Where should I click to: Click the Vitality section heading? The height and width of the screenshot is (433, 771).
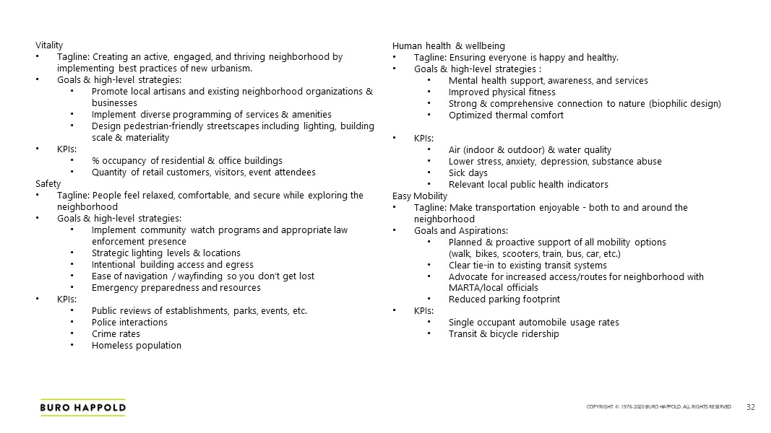[x=49, y=45]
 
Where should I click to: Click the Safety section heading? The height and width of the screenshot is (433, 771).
[x=48, y=183]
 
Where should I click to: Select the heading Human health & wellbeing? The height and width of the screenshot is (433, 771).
[x=448, y=46]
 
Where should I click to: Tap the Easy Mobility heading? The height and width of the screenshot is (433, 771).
[x=420, y=196]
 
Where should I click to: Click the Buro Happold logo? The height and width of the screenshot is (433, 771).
[x=82, y=408]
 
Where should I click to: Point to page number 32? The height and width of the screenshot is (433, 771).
[x=750, y=407]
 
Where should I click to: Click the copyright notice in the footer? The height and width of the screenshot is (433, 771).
[x=658, y=408]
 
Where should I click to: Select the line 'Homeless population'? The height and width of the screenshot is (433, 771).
[x=136, y=345]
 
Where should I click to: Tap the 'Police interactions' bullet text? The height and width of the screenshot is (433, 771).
[x=129, y=322]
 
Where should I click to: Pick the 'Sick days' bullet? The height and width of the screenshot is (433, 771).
[x=468, y=172]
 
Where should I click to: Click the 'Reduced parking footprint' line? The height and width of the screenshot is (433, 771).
[x=504, y=299]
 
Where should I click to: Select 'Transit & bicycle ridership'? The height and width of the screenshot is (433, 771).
[x=503, y=333]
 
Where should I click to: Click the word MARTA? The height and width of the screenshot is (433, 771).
[x=464, y=287]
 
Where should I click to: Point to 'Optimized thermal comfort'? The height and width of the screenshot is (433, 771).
[x=506, y=115]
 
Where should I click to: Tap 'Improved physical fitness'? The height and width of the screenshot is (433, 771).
[x=501, y=92]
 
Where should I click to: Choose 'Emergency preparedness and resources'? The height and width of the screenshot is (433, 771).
[x=176, y=287]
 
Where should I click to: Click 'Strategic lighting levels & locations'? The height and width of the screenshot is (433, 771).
[x=166, y=253]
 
